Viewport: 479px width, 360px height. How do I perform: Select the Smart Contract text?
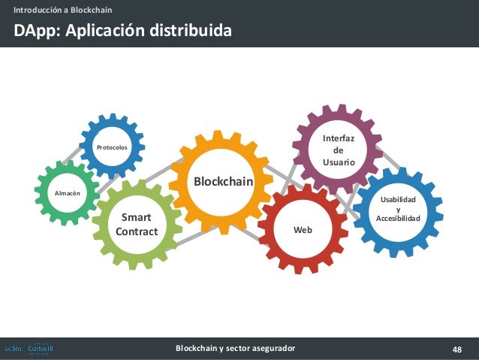[x=137, y=224]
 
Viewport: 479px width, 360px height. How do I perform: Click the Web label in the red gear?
[x=303, y=229]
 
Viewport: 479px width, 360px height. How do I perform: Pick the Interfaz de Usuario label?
[x=334, y=150]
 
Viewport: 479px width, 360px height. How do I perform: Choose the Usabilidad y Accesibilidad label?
[x=397, y=209]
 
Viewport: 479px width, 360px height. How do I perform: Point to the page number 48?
[x=456, y=349]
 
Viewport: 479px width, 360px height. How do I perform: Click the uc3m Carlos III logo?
[x=29, y=349]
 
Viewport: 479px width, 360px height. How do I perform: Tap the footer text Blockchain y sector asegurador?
[x=235, y=348]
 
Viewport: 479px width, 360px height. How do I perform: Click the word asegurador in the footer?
[x=270, y=348]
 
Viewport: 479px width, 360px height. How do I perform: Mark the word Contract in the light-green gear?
[x=137, y=231]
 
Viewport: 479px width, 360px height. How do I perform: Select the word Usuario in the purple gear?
[x=334, y=162]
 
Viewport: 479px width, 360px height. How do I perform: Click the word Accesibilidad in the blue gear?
[x=397, y=218]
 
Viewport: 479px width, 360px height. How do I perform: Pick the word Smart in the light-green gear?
[x=136, y=217]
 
